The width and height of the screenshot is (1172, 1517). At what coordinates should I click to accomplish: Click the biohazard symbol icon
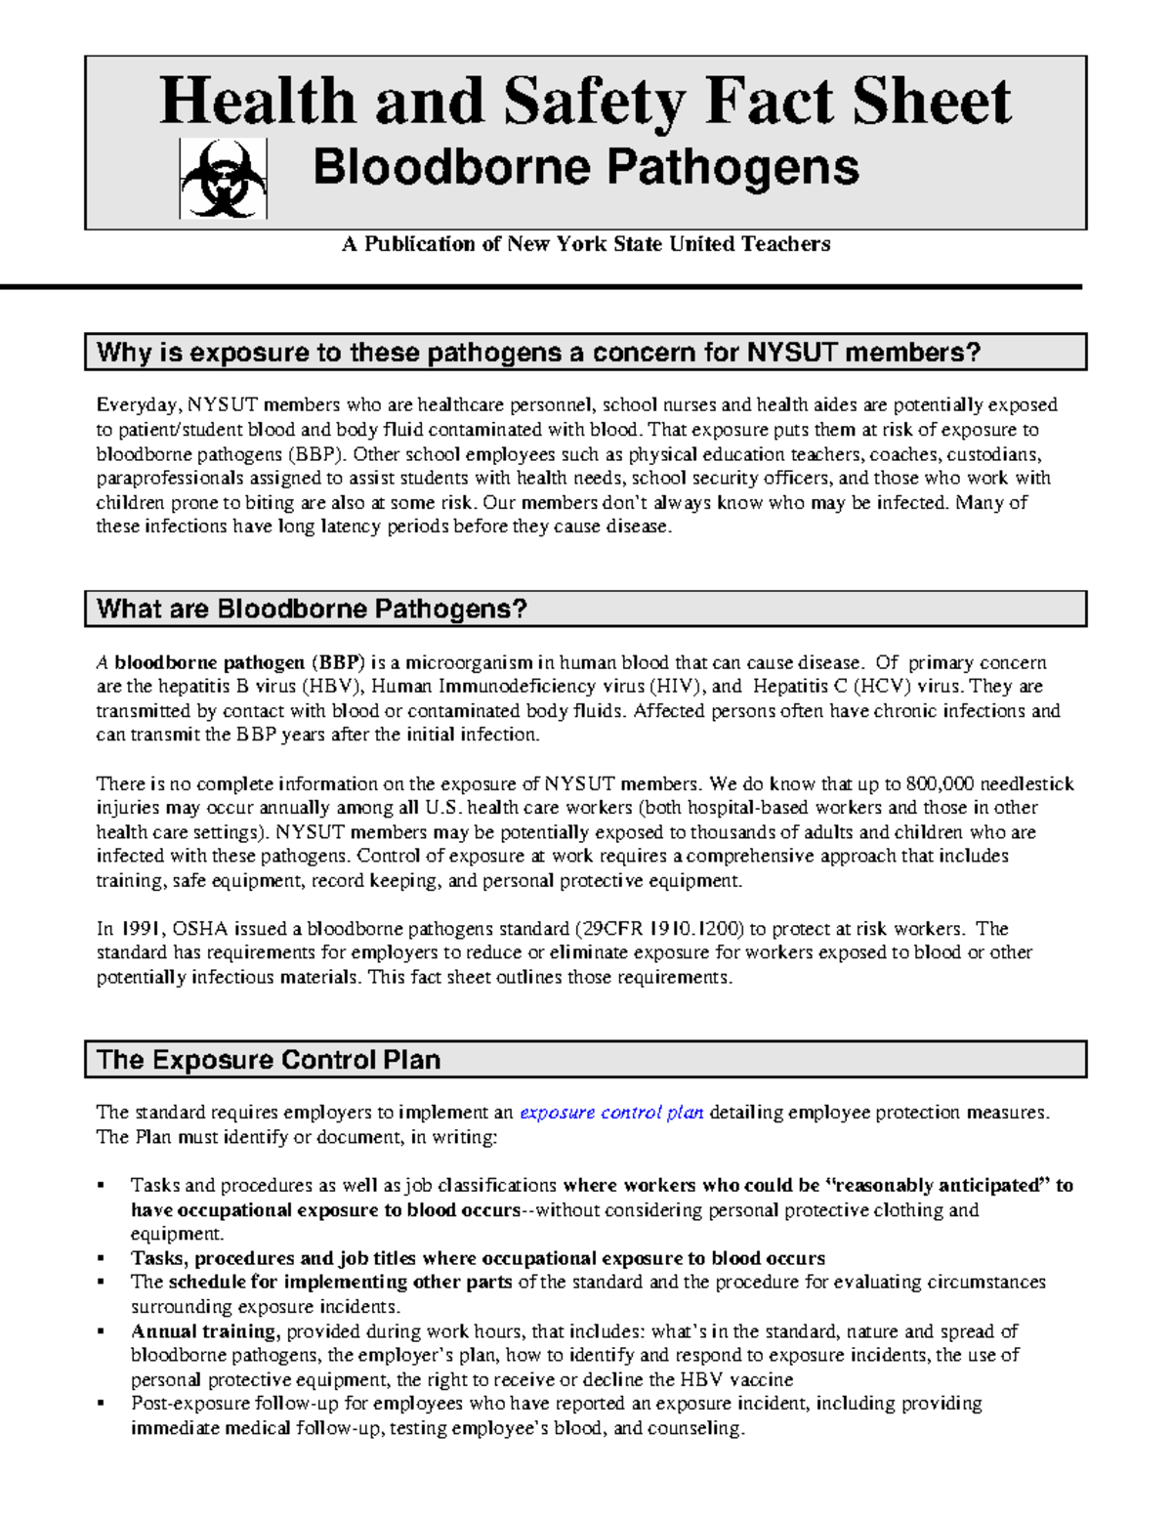[223, 178]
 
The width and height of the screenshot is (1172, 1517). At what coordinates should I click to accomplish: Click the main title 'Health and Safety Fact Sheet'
[585, 102]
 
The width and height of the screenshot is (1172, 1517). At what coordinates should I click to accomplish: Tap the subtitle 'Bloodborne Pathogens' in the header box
[585, 167]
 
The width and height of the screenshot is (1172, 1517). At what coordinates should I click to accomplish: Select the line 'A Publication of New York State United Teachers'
[585, 244]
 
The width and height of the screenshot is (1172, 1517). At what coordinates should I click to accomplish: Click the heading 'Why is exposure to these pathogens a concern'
[538, 353]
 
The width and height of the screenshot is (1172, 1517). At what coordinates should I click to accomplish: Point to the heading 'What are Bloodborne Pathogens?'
[312, 610]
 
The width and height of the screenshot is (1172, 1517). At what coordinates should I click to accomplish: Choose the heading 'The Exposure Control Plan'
[269, 1060]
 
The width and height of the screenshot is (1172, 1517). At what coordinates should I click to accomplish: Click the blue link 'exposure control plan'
[611, 1113]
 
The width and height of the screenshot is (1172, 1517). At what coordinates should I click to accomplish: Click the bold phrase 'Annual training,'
[206, 1331]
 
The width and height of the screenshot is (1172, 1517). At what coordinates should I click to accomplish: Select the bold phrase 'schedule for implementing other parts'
[340, 1283]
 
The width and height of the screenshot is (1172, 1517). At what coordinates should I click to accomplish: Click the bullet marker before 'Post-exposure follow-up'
[102, 1405]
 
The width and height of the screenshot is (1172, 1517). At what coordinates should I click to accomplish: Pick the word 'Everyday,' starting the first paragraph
[139, 405]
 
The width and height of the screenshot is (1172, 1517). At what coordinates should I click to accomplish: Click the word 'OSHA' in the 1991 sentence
[199, 929]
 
